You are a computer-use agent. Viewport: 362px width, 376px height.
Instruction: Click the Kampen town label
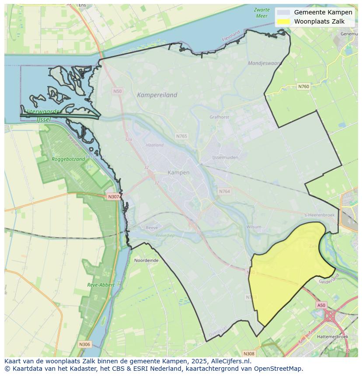point(178,172)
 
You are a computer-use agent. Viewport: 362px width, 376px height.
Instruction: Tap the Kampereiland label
point(157,95)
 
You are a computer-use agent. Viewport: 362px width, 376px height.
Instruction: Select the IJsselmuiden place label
point(225,157)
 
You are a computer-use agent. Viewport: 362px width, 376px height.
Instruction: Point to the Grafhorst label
point(219,117)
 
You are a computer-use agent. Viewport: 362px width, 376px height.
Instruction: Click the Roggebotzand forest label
point(68,159)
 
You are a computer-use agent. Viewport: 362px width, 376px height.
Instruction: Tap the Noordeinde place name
point(146,260)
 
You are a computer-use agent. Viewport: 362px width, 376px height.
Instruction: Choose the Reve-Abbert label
point(101,285)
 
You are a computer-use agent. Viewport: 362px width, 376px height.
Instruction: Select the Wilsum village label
point(254,227)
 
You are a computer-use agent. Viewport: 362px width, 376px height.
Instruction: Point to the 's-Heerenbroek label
point(319,215)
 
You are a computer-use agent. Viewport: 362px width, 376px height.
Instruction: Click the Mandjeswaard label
point(264,63)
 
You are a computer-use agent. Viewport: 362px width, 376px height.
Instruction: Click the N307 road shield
point(113,197)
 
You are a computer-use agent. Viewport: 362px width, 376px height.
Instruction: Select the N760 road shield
point(303,86)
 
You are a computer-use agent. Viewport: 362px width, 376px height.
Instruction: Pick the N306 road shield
point(84,345)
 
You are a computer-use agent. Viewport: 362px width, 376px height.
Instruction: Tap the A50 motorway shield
point(321,305)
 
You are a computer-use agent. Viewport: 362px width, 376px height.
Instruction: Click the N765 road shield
point(181,136)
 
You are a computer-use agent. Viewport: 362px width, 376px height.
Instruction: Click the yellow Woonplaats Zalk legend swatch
point(283,21)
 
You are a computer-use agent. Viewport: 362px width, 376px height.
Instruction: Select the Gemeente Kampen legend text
point(323,12)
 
